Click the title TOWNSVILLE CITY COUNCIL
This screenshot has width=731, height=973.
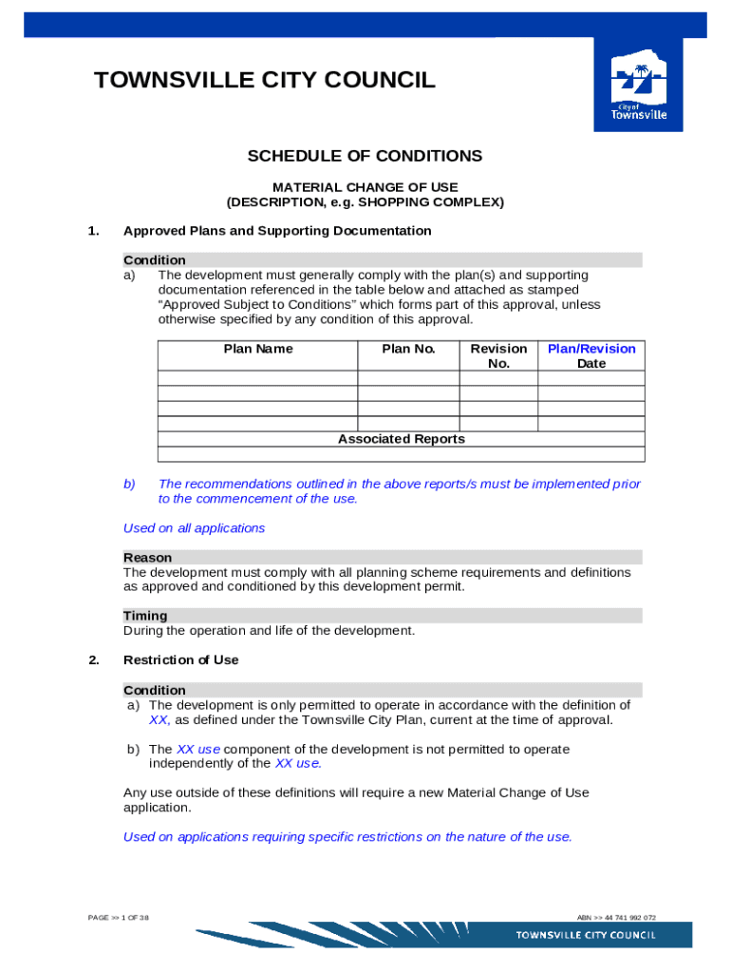coord(265,81)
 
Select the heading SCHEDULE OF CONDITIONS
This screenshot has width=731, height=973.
coord(365,156)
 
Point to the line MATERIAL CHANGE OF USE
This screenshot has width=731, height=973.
coord(365,187)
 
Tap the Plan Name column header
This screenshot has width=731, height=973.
coord(258,349)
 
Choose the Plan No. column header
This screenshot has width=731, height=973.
coord(408,349)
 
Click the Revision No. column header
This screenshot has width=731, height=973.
coord(498,355)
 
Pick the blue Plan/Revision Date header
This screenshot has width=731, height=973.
coord(591,355)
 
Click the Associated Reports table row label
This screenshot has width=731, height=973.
coord(402,439)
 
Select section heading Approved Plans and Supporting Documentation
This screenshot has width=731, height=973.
coord(277,231)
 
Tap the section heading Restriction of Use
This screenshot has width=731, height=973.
coord(181,659)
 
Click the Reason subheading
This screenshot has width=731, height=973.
coord(148,558)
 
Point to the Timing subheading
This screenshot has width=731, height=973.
coord(145,616)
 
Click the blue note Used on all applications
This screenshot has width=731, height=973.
coord(195,528)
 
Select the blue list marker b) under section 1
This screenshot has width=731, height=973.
coord(129,484)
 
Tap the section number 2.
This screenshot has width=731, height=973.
coord(94,659)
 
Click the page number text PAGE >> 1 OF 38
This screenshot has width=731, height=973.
coord(118,918)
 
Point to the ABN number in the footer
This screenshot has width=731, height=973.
coord(616,918)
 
